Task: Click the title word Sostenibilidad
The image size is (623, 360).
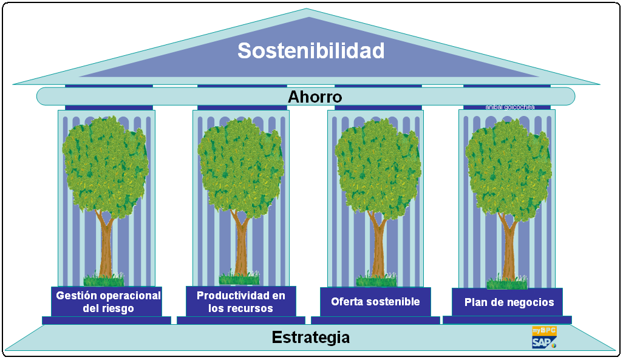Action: pos(311,50)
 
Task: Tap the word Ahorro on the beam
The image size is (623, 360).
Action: pos(315,97)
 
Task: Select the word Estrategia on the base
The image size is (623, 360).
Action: pos(310,337)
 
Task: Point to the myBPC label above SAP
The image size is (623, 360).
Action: pos(544,331)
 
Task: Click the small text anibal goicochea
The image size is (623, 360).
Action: pos(509,107)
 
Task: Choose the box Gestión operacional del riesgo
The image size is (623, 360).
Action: pos(107,302)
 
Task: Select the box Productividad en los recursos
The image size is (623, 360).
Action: pos(240,302)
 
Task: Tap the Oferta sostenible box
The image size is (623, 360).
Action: pos(375,302)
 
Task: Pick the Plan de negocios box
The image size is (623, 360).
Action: pos(508,302)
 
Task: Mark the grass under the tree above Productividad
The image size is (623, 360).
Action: pos(239,279)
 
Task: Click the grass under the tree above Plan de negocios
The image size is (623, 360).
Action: pos(507,283)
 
